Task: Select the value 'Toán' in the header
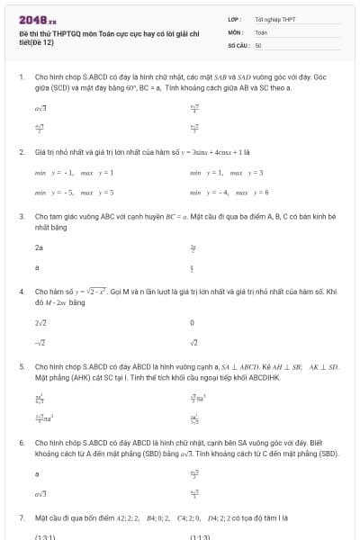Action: tap(261, 31)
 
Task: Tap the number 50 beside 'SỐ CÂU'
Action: tap(258, 44)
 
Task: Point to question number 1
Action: tap(21, 78)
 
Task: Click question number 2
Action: tap(21, 152)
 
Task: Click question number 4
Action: tap(21, 292)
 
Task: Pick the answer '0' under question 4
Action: tap(192, 322)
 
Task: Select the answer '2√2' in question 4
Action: tap(40, 322)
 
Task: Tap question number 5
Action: tap(21, 367)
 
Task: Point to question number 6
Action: tap(21, 443)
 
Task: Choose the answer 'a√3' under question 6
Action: tap(40, 493)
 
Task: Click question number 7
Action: tap(21, 518)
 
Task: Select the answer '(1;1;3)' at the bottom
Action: tap(200, 536)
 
